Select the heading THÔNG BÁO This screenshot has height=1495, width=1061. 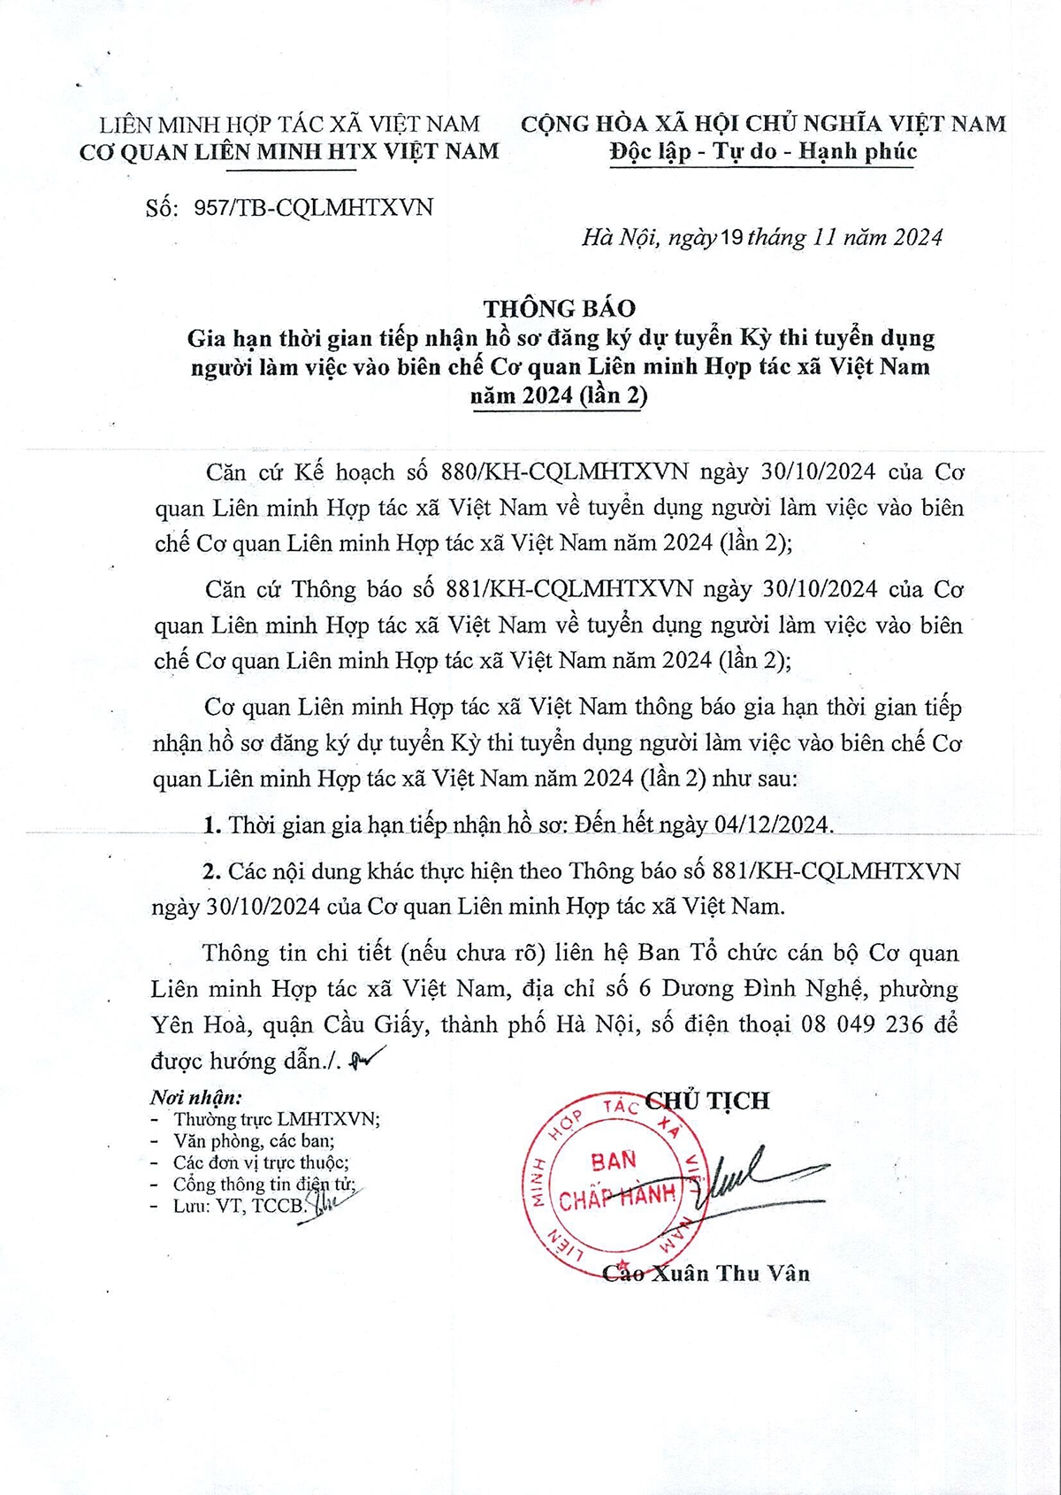coord(559,308)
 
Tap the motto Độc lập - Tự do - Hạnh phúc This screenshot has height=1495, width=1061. coord(763,151)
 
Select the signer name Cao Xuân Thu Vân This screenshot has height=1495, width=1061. coord(706,1273)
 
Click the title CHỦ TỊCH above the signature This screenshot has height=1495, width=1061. coord(708,1100)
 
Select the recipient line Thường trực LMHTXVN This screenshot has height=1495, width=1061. coord(277,1120)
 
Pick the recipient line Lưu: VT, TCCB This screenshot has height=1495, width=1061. coord(239,1206)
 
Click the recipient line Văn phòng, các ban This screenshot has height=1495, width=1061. coord(254,1141)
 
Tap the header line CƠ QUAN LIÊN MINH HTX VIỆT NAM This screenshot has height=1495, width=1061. coord(289,152)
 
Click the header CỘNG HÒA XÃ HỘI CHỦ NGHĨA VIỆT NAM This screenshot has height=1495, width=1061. coord(763,124)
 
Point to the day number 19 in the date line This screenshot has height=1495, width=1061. coord(732,237)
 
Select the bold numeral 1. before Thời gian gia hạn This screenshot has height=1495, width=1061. coord(211,825)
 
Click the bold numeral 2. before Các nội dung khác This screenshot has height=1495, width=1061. coord(211,871)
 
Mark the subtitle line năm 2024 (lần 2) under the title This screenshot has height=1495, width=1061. coord(559,395)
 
